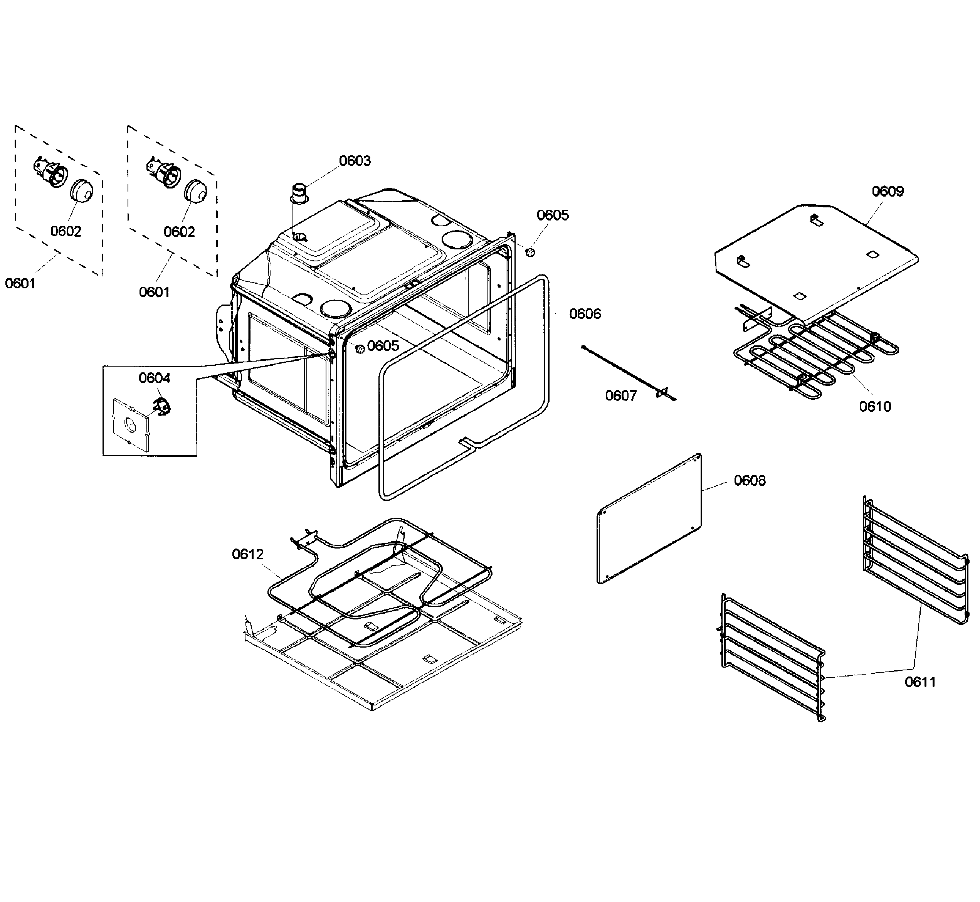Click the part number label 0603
355,161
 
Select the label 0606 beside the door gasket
585,314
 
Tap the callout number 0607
621,395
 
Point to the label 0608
750,481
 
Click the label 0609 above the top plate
888,191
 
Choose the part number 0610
875,406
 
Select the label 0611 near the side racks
920,682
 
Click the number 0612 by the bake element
247,554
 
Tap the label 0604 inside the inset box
154,378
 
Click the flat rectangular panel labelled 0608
649,519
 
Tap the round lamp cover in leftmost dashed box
81,190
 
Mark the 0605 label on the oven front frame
383,345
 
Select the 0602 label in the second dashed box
179,232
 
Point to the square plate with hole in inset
129,424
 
